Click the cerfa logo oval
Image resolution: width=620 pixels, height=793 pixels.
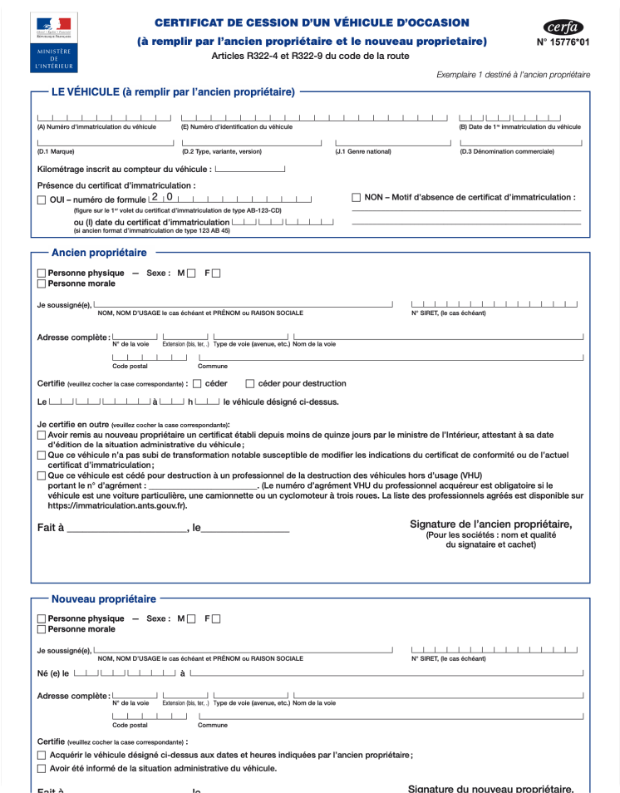click(563, 27)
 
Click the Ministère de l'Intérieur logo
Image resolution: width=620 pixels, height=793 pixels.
click(53, 42)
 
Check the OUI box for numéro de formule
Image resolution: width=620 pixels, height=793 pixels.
click(42, 200)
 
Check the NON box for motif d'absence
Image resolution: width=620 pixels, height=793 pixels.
click(357, 198)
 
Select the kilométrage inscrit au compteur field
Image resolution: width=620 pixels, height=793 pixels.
click(249, 170)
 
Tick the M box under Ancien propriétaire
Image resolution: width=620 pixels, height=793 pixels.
click(192, 273)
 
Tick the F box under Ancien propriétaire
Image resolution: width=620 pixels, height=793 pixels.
click(217, 273)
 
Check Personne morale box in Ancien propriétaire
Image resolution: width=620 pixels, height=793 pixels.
click(42, 284)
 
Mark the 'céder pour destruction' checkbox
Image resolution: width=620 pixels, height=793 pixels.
click(250, 384)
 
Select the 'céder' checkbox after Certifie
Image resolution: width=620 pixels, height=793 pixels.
click(197, 384)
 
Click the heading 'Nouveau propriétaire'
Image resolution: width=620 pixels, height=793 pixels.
click(103, 598)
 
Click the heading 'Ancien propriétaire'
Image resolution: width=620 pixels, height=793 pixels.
click(99, 253)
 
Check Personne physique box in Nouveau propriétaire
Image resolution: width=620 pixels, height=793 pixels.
click(42, 619)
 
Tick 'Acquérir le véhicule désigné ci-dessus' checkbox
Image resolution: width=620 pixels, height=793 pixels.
click(42, 755)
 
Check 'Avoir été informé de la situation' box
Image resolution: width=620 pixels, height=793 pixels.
click(42, 769)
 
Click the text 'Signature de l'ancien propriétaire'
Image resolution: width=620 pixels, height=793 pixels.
click(490, 525)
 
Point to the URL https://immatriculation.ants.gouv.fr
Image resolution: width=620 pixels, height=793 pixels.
click(111, 505)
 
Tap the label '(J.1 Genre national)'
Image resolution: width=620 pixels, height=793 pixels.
click(362, 152)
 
